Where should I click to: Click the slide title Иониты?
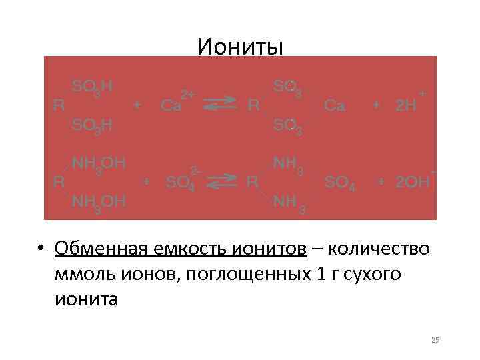pyautogui.click(x=240, y=47)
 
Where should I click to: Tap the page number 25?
pyautogui.click(x=435, y=341)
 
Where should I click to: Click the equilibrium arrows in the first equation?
pyautogui.click(x=219, y=103)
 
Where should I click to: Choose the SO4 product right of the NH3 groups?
pyautogui.click(x=339, y=182)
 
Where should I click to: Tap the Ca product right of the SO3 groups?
pyautogui.click(x=334, y=105)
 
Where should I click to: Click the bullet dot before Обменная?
pyautogui.click(x=41, y=249)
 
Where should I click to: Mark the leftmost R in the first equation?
pyautogui.click(x=58, y=105)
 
